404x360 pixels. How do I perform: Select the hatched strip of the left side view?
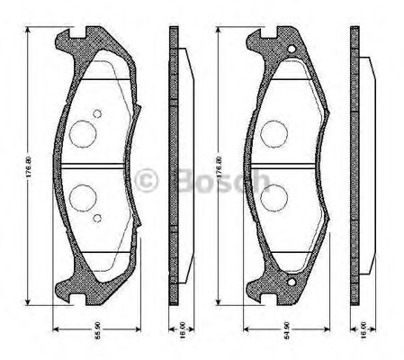[x=174, y=166]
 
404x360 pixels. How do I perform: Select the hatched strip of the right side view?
[x=354, y=166]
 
